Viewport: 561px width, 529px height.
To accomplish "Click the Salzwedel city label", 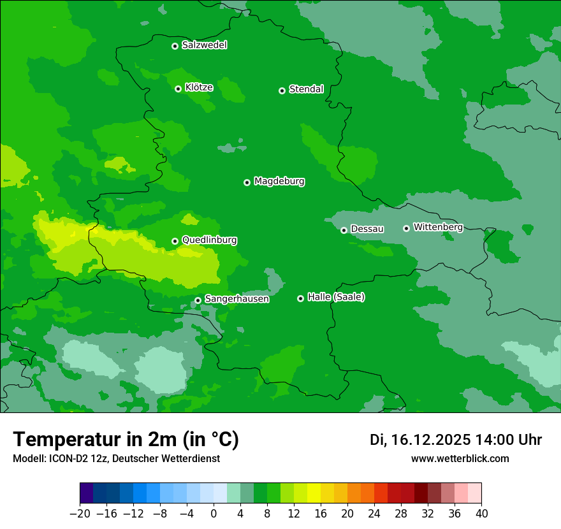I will (x=204, y=45).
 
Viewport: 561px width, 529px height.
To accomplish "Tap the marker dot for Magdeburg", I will (x=247, y=182).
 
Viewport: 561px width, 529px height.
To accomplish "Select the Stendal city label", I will (x=306, y=89).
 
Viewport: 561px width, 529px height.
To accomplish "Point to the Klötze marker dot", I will (x=178, y=89).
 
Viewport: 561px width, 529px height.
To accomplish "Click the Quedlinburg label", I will (x=209, y=240).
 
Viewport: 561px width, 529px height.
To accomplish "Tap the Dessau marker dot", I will (x=344, y=230).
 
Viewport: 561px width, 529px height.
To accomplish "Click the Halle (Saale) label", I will (x=336, y=297).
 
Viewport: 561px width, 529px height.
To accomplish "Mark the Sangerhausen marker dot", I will (x=198, y=300).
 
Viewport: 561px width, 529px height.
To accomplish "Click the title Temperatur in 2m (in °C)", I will (x=126, y=440).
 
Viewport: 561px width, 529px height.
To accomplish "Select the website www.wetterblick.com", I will (x=460, y=458).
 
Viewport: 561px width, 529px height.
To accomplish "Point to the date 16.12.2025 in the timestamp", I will (x=431, y=440).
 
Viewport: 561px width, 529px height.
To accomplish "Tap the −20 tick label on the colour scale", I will (x=80, y=514).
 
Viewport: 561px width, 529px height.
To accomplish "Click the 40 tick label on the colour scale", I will (x=481, y=514).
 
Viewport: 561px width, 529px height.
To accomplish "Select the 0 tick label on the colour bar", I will (x=214, y=514).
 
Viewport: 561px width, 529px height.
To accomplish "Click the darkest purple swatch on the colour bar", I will (x=87, y=493).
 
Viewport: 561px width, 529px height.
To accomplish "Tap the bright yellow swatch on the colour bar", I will (x=314, y=493).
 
